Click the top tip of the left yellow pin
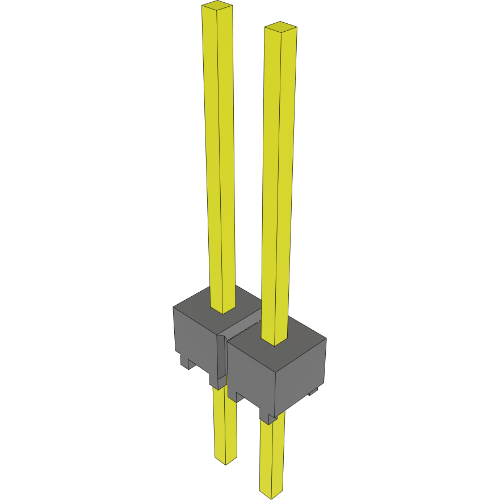click(217, 7)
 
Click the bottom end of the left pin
click(225, 460)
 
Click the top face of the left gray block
click(199, 307)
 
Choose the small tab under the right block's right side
click(313, 392)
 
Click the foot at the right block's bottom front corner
click(267, 419)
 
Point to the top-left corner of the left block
click(174, 307)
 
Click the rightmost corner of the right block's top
click(326, 339)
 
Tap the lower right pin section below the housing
click(272, 454)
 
